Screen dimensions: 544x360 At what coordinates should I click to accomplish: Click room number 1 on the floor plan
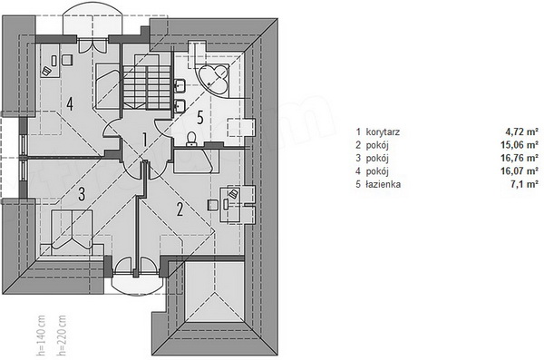[x=145, y=140]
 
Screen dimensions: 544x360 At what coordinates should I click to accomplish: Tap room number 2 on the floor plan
[x=180, y=209]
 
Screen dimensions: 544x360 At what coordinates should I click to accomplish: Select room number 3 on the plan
[x=82, y=194]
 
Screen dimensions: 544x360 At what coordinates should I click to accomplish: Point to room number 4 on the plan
[x=70, y=103]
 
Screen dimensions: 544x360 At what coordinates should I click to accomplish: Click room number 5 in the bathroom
[x=200, y=118]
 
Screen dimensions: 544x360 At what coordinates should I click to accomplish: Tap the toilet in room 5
[x=191, y=139]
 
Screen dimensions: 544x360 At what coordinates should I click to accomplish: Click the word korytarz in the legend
[x=383, y=131]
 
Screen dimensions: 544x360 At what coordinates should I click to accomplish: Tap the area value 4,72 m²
[x=522, y=131]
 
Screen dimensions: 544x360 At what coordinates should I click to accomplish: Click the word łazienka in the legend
[x=383, y=184]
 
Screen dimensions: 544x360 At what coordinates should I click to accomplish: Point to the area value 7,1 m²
[x=524, y=184]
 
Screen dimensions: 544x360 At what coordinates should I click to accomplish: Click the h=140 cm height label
[x=41, y=336]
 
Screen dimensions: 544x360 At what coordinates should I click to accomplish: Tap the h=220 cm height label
[x=62, y=336]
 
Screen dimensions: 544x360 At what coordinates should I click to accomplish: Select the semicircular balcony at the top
[x=92, y=19]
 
